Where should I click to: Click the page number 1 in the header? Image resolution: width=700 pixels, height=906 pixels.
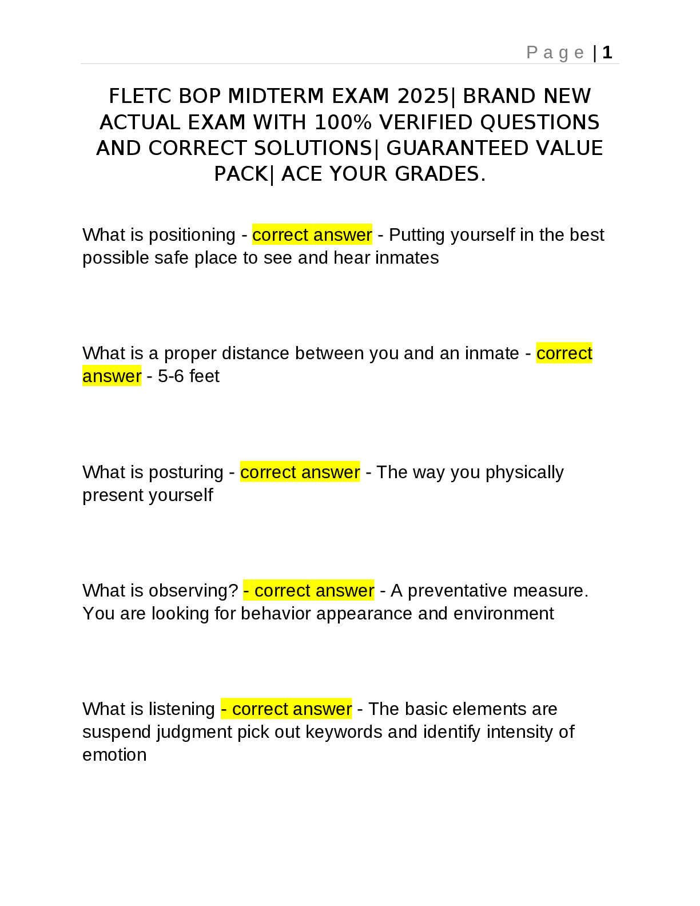(x=607, y=53)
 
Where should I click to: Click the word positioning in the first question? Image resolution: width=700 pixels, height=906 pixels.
(x=192, y=235)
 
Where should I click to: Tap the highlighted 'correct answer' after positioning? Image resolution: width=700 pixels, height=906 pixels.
(x=312, y=235)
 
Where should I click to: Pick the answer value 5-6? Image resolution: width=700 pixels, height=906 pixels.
(x=171, y=376)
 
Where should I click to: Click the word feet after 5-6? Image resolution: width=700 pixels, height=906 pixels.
(x=204, y=376)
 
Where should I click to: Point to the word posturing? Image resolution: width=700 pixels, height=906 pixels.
(x=185, y=472)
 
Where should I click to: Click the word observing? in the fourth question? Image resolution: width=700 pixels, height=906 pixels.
(x=193, y=591)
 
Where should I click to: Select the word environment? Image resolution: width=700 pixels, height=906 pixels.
(x=504, y=614)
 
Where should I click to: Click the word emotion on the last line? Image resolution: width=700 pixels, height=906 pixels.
(x=114, y=755)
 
